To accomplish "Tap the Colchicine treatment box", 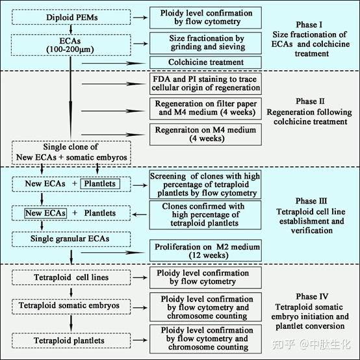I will [x=205, y=63].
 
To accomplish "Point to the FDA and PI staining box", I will [x=205, y=84].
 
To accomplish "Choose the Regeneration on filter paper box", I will [x=205, y=109].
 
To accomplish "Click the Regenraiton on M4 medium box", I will [x=205, y=135].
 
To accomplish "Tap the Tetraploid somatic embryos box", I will [x=68, y=305].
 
